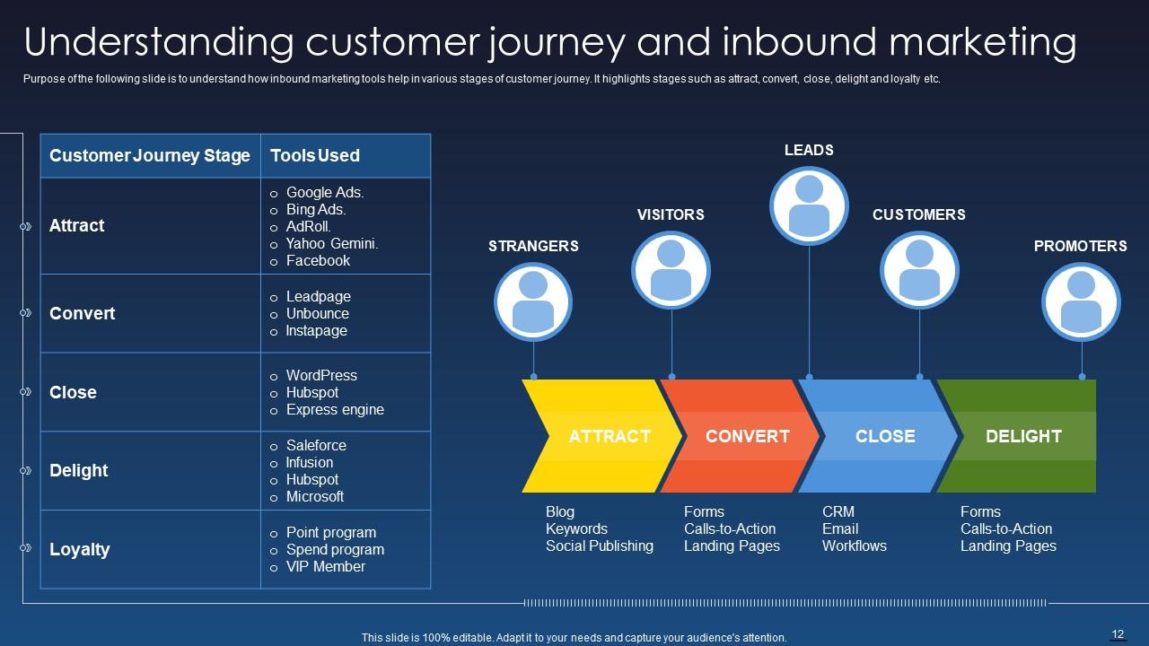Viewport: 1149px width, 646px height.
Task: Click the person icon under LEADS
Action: [809, 205]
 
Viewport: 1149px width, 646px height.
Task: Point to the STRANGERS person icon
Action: [533, 301]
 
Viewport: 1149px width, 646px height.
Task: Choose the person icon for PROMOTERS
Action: [1081, 301]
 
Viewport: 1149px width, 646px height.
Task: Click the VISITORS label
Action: [671, 214]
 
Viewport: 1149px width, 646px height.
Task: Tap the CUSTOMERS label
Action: [918, 214]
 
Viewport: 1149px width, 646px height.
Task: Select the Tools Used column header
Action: [315, 155]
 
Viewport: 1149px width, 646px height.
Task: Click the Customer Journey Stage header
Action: [150, 155]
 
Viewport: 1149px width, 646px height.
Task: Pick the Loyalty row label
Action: [80, 549]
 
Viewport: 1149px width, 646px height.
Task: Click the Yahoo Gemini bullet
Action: [332, 243]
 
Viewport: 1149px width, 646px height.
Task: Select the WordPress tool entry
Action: [321, 375]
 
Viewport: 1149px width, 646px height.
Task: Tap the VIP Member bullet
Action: [325, 566]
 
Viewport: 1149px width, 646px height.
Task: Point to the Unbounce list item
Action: [317, 313]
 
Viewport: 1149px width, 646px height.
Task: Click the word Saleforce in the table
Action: [316, 445]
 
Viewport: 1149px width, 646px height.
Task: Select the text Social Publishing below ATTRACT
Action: [600, 546]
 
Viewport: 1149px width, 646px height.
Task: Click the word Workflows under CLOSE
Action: [854, 546]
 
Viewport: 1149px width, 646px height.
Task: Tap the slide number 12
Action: [1118, 634]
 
